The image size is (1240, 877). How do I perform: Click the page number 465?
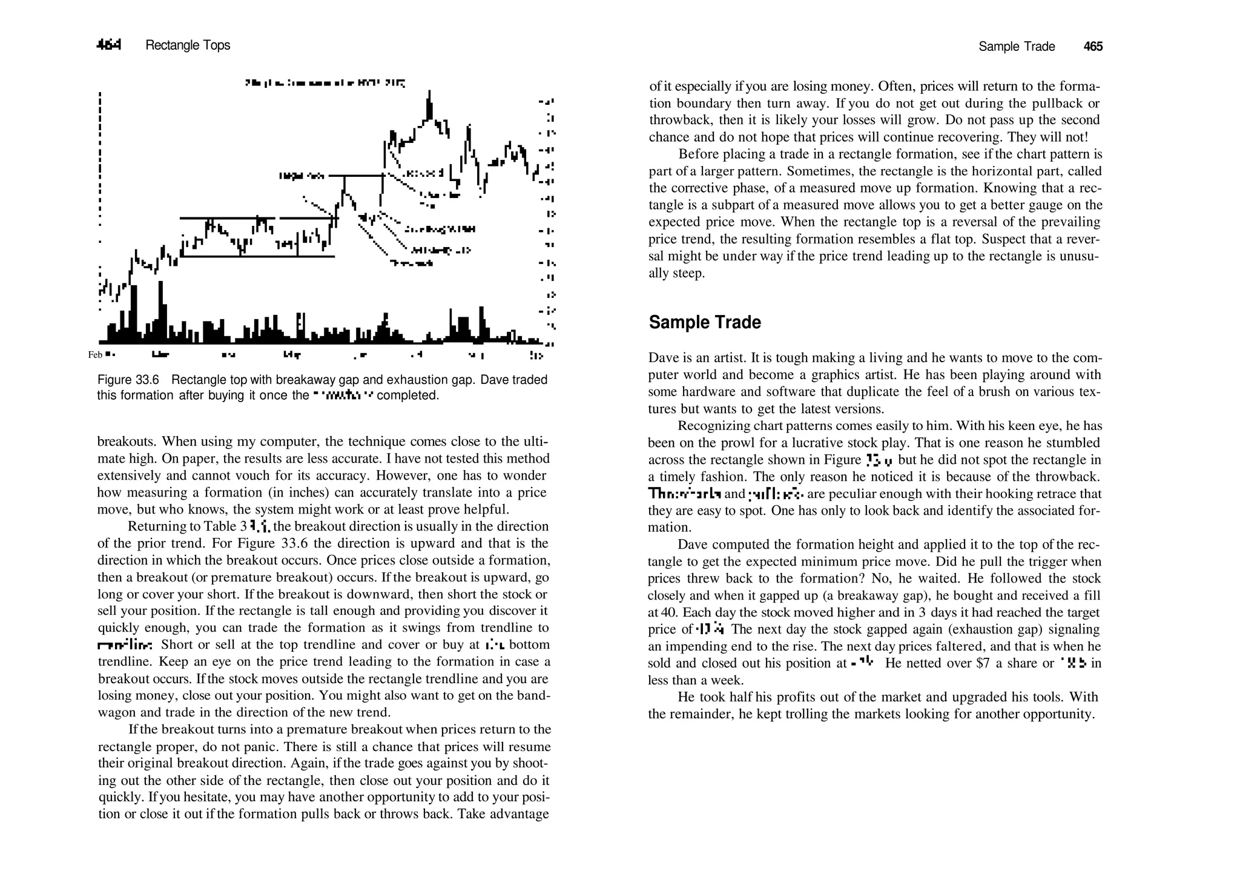click(x=1093, y=47)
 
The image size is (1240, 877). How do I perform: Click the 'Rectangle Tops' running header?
click(x=188, y=45)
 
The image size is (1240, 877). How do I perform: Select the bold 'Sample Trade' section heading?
click(x=704, y=322)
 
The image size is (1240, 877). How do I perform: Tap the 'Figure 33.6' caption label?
click(x=128, y=380)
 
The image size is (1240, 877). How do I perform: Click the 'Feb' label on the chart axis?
click(x=95, y=355)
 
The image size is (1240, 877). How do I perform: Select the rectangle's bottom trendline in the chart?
click(x=257, y=256)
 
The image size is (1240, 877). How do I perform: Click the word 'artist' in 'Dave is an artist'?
click(x=724, y=358)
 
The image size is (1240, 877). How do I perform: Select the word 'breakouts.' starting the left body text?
click(x=125, y=442)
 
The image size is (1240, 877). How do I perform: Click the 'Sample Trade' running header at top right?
click(x=1017, y=47)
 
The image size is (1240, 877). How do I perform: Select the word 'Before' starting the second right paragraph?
click(x=696, y=154)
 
